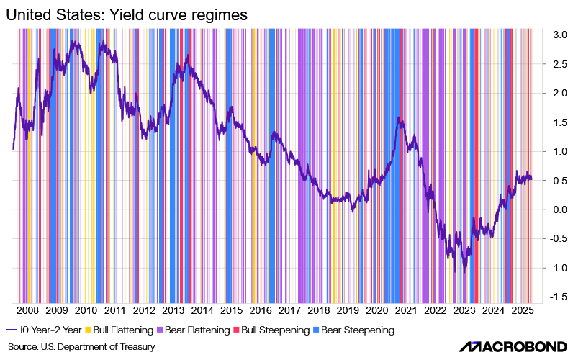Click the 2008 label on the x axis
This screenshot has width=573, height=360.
pos(27,311)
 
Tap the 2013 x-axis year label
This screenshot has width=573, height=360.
pos(173,311)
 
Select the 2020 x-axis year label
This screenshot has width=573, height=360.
pos(376,311)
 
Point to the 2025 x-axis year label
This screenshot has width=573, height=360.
pos(522,311)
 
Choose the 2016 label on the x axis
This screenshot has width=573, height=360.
pos(260,311)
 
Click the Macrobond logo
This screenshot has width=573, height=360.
pos(512,346)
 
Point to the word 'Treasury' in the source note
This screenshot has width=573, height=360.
pos(137,347)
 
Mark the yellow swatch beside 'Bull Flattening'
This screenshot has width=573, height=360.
pos(89,330)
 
